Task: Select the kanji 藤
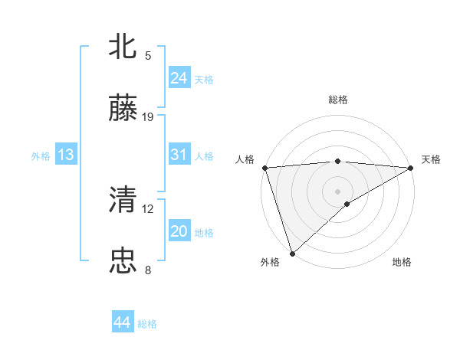(x=123, y=109)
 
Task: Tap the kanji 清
(x=123, y=200)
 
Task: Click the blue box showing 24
(x=179, y=78)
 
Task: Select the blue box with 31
(x=179, y=155)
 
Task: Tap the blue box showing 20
(x=179, y=231)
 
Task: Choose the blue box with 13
(x=66, y=155)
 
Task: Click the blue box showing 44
(x=122, y=322)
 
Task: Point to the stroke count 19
(x=148, y=117)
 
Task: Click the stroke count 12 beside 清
(x=148, y=208)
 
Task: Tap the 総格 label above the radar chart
(x=338, y=100)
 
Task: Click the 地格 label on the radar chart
(x=402, y=263)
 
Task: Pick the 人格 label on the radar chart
(x=245, y=159)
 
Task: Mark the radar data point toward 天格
(x=412, y=168)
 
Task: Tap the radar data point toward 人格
(x=264, y=168)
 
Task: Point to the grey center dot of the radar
(x=338, y=191)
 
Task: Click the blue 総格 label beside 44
(x=147, y=324)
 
